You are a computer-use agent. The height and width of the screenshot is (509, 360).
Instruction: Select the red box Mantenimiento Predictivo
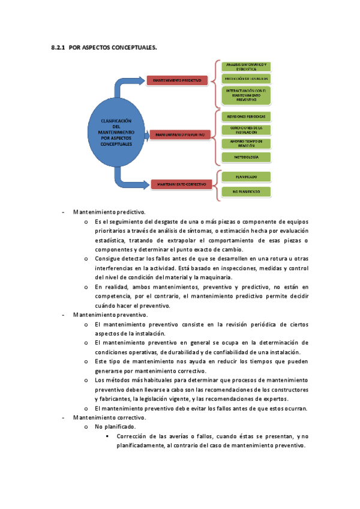[x=177, y=80]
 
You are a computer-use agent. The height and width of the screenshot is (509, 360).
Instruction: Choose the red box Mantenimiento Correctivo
[x=179, y=184]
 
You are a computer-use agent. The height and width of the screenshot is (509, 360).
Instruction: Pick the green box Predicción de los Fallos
[x=246, y=79]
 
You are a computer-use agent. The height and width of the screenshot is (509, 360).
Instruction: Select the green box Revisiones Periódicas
[x=246, y=116]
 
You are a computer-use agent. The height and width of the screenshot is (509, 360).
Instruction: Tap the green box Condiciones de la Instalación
[x=246, y=129]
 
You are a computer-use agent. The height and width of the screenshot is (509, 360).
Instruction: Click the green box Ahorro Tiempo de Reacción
[x=246, y=143]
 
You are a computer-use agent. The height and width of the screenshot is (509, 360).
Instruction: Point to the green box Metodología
[x=246, y=157]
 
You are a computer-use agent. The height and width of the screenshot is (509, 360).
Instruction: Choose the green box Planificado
[x=246, y=177]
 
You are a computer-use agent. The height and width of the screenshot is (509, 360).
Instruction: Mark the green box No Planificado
[x=246, y=191]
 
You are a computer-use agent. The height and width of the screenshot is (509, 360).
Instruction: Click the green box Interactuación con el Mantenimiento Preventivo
[x=246, y=95]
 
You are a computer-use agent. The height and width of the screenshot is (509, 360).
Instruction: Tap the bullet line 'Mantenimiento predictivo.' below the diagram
[x=109, y=212]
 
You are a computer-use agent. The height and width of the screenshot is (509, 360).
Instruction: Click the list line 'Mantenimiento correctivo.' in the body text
[x=109, y=417]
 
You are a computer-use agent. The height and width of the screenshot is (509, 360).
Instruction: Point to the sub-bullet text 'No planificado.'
[x=115, y=427]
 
